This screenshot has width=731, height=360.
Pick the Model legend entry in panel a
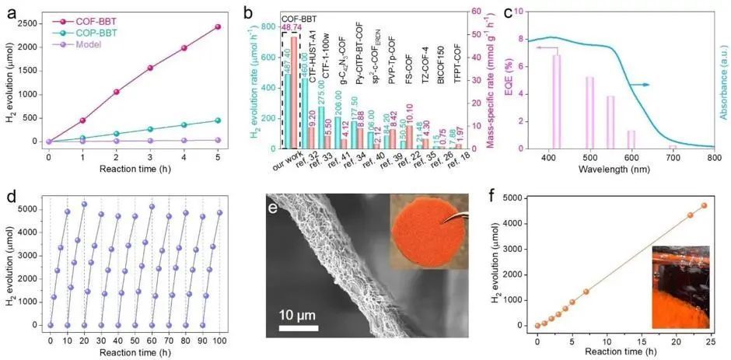tap(78, 47)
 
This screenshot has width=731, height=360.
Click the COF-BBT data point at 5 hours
tap(217, 26)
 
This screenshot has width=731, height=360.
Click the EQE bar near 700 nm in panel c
tap(673, 146)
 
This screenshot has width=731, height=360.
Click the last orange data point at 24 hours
tap(704, 205)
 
